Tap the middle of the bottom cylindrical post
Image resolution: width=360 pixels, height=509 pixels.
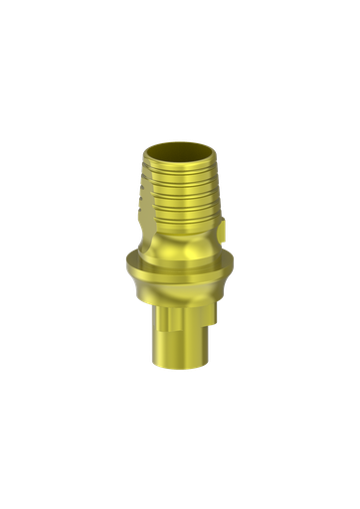(179, 333)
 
